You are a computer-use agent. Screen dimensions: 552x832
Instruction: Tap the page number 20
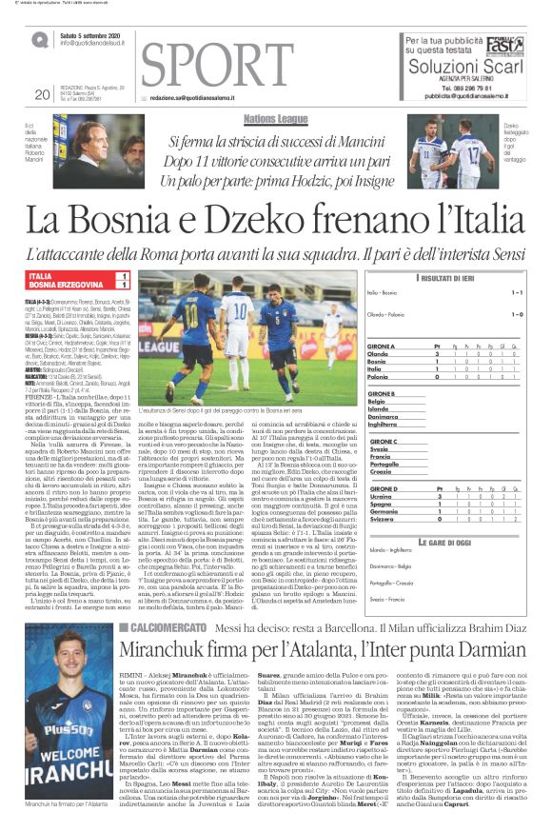(x=42, y=94)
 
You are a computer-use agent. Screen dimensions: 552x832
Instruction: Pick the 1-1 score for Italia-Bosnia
(x=516, y=292)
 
